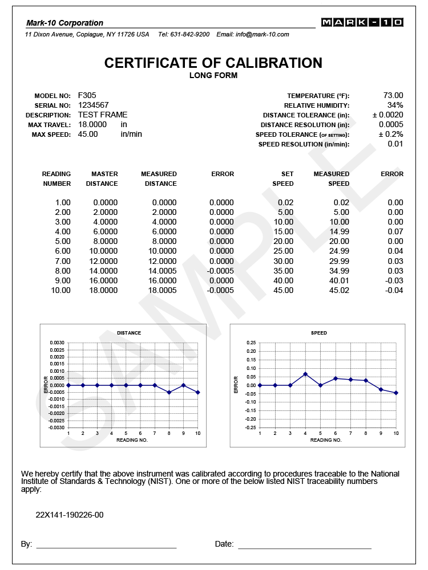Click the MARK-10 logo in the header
pyautogui.click(x=362, y=22)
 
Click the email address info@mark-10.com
pyautogui.click(x=262, y=34)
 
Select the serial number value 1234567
pyautogui.click(x=93, y=105)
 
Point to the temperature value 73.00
pyautogui.click(x=393, y=95)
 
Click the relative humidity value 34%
pyautogui.click(x=395, y=105)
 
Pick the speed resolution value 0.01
pyautogui.click(x=395, y=144)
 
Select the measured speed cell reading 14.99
pyautogui.click(x=340, y=231)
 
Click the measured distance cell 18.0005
pyautogui.click(x=163, y=290)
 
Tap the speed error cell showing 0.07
pyautogui.click(x=395, y=231)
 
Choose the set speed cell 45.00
pyautogui.click(x=284, y=290)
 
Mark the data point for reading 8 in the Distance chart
pyautogui.click(x=169, y=392)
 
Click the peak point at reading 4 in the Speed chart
pyautogui.click(x=305, y=374)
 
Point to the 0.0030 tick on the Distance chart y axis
pyautogui.click(x=57, y=343)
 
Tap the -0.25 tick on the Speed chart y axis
pyautogui.click(x=249, y=427)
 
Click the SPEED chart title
pyautogui.click(x=319, y=332)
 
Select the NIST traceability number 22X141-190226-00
pyautogui.click(x=70, y=515)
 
